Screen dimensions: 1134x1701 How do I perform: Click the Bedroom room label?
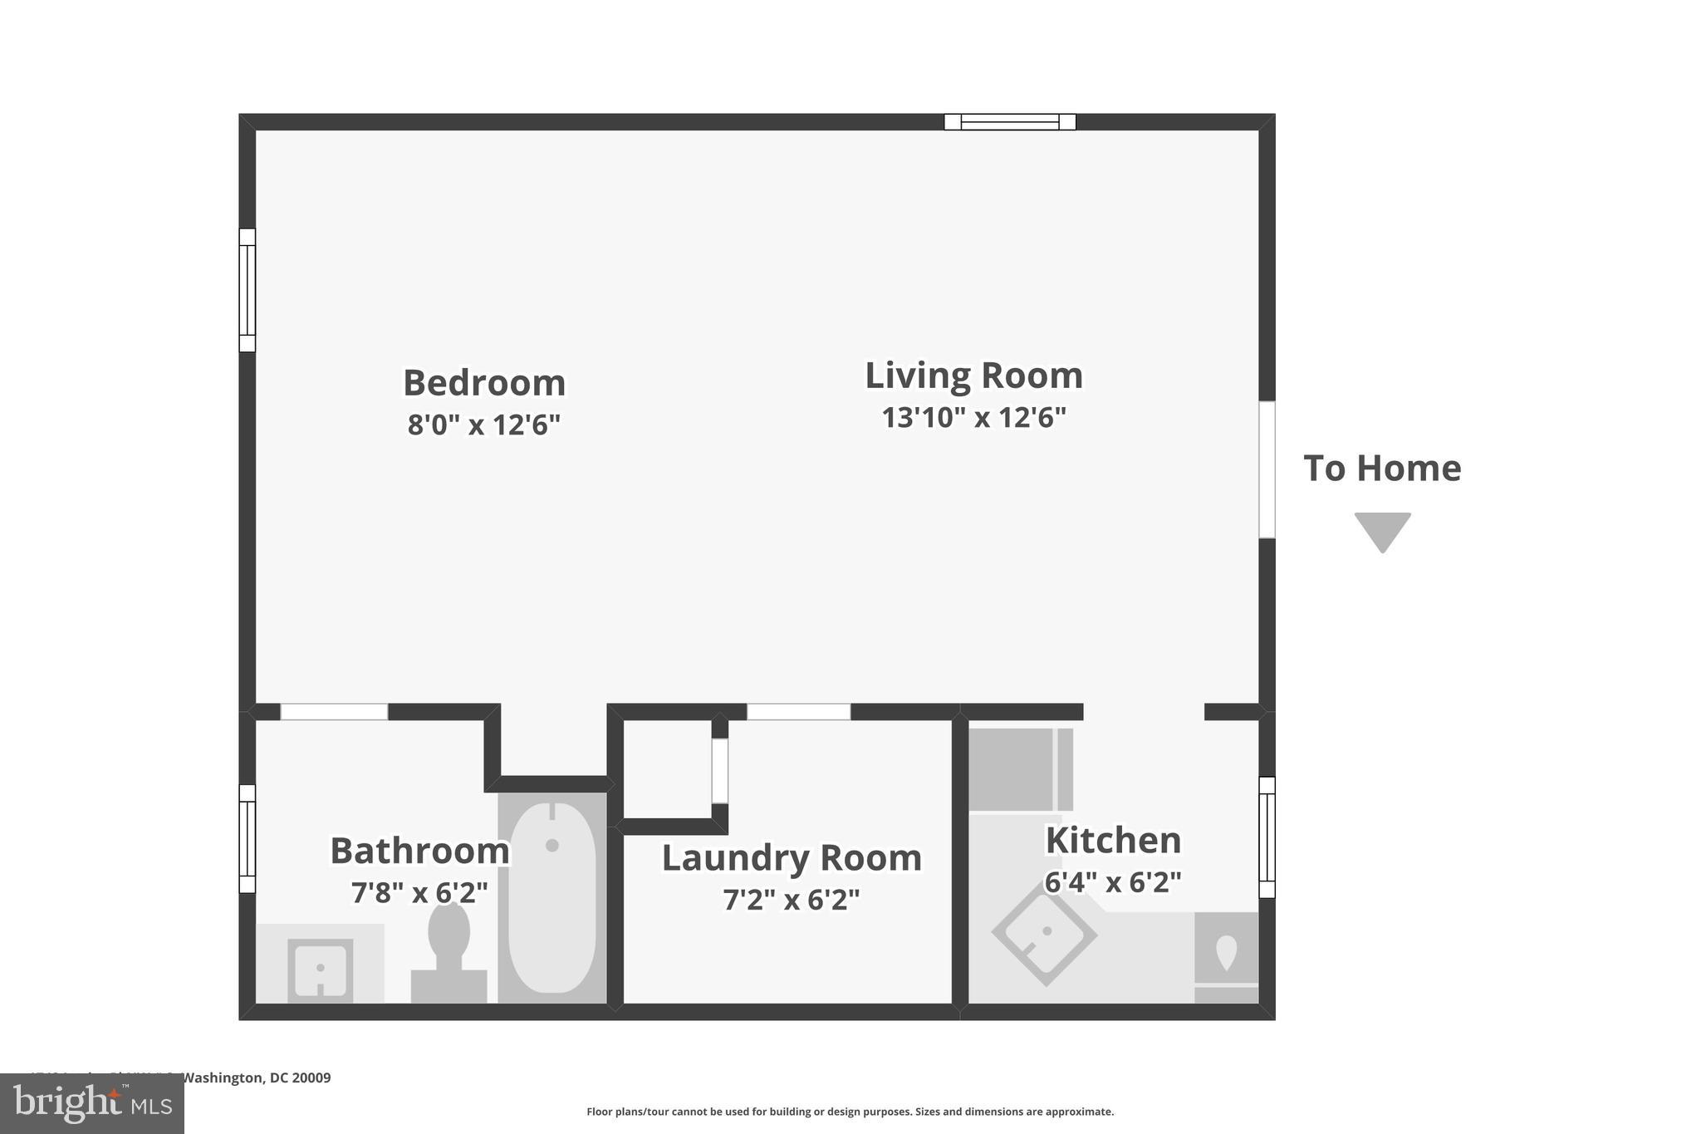[x=484, y=383]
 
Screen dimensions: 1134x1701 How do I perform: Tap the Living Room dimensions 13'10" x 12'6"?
[x=973, y=417]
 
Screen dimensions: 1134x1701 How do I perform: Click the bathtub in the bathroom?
[x=551, y=897]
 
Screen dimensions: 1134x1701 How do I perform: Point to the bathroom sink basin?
[x=320, y=969]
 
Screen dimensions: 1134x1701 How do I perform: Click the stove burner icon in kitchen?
[x=1226, y=951]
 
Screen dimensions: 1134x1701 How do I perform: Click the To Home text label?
[x=1382, y=469]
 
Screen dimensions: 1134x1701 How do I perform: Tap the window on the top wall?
[x=1010, y=122]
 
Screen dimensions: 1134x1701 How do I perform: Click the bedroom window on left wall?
[x=248, y=290]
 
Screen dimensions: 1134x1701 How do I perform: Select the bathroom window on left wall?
[x=248, y=838]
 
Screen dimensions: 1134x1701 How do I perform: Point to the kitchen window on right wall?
[x=1267, y=837]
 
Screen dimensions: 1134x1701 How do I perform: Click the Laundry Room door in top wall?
[x=798, y=712]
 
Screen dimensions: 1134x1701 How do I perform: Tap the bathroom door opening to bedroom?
[x=334, y=712]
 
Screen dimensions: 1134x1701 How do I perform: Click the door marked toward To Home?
[x=1267, y=469]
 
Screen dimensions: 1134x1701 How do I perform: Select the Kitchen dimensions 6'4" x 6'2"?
[x=1112, y=882]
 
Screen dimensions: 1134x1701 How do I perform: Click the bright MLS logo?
[x=92, y=1103]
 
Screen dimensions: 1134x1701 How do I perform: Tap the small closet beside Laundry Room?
[x=667, y=769]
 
